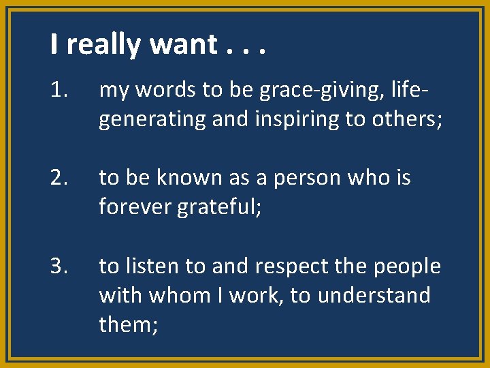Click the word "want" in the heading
182,45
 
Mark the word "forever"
135,206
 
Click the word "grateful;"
216,207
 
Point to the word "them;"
129,324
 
